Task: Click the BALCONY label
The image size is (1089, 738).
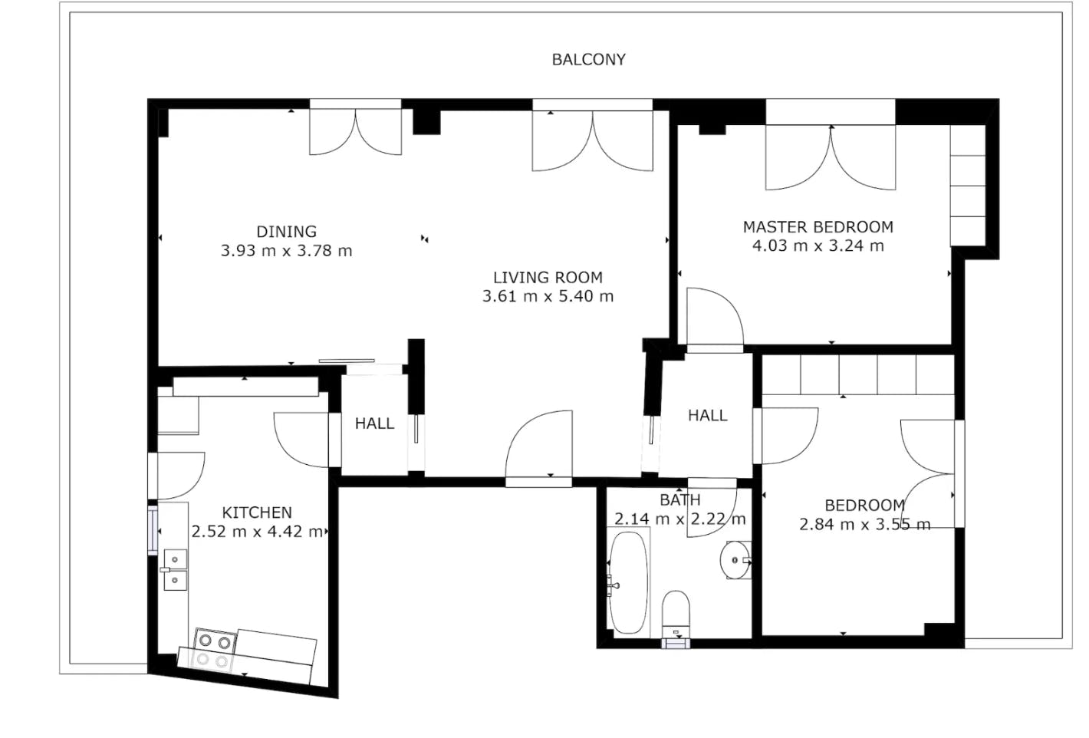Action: click(588, 60)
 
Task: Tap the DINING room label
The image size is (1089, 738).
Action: click(286, 232)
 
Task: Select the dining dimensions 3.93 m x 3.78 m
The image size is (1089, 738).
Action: click(286, 251)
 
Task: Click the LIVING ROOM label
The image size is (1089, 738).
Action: click(548, 278)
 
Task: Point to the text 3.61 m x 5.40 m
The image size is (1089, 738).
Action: click(548, 297)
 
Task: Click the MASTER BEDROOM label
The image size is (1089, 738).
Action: click(818, 227)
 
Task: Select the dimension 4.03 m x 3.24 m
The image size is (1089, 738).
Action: click(818, 246)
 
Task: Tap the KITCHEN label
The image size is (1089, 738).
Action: click(257, 512)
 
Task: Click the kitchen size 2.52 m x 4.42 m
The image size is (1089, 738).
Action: click(257, 532)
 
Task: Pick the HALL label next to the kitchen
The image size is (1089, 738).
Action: click(374, 423)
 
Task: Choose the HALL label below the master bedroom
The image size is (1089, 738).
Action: click(707, 416)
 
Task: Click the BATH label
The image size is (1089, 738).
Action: click(679, 500)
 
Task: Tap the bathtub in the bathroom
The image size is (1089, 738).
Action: click(628, 583)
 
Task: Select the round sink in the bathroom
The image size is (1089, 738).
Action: click(735, 560)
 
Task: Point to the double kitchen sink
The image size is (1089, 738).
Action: click(175, 570)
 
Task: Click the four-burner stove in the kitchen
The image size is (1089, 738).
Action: click(214, 649)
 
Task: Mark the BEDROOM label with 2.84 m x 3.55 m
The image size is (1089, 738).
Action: click(864, 506)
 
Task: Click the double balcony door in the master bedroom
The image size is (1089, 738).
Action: click(831, 157)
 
